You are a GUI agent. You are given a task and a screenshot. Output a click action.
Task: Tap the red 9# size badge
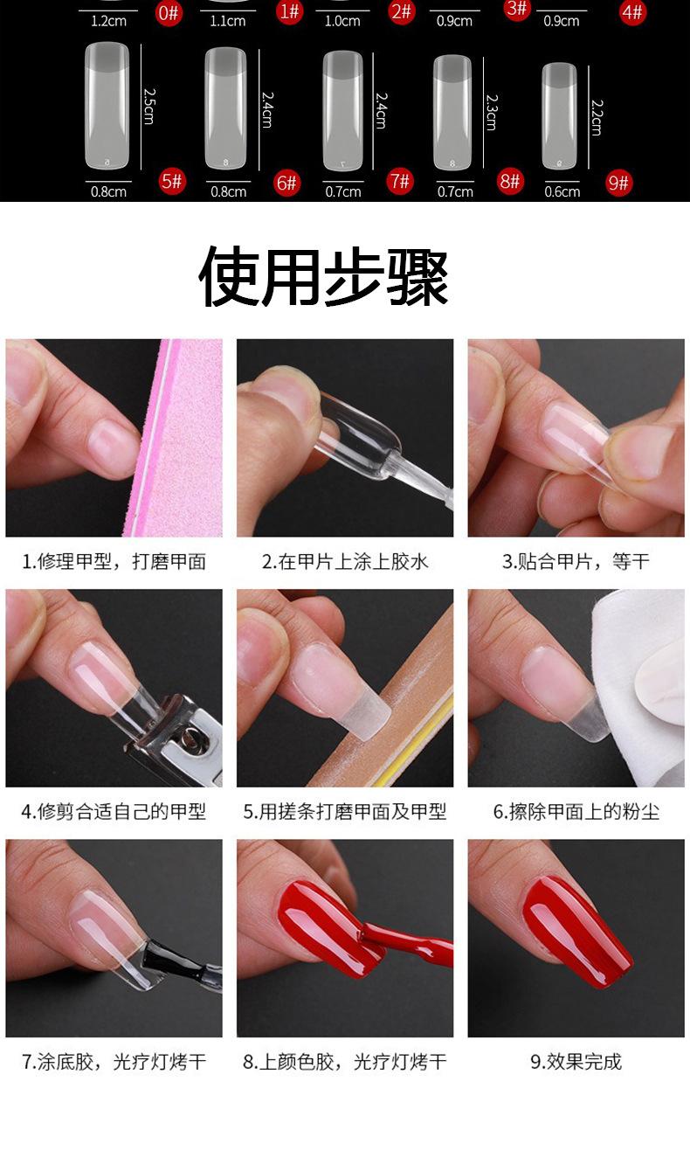tap(618, 183)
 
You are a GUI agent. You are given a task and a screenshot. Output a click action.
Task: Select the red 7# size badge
tap(400, 182)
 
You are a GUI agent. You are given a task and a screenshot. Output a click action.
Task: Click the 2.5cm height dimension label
tap(148, 106)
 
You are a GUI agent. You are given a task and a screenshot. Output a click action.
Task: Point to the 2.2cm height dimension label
tap(596, 117)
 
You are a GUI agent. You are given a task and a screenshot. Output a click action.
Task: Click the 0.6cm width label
tap(562, 192)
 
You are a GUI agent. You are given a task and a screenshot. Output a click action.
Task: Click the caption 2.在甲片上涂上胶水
tap(345, 561)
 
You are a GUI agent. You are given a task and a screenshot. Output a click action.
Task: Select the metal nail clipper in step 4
tap(175, 734)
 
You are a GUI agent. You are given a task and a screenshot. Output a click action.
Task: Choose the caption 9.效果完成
tap(576, 1062)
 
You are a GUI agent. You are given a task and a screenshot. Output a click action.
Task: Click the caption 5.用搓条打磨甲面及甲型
tap(345, 812)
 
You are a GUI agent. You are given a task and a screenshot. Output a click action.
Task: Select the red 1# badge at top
tap(289, 10)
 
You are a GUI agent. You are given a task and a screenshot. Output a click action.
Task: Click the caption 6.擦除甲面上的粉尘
tap(576, 812)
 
